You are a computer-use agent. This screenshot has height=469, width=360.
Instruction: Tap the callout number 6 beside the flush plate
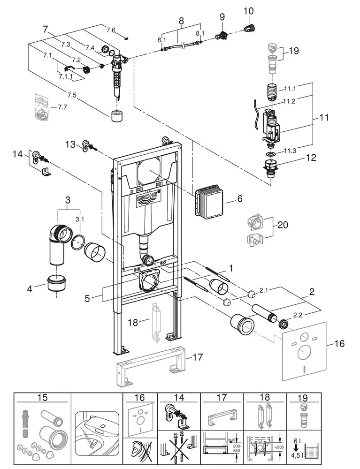tap(239, 199)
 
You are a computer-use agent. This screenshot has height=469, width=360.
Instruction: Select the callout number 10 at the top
tap(248, 10)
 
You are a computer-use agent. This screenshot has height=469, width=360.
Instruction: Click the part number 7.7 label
tap(61, 107)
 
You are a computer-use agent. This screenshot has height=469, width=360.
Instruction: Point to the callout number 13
tap(70, 144)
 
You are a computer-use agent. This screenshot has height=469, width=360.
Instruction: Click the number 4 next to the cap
tap(30, 288)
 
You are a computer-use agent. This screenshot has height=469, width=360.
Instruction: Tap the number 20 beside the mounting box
tap(282, 225)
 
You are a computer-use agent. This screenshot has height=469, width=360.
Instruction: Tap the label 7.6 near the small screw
tap(110, 30)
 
